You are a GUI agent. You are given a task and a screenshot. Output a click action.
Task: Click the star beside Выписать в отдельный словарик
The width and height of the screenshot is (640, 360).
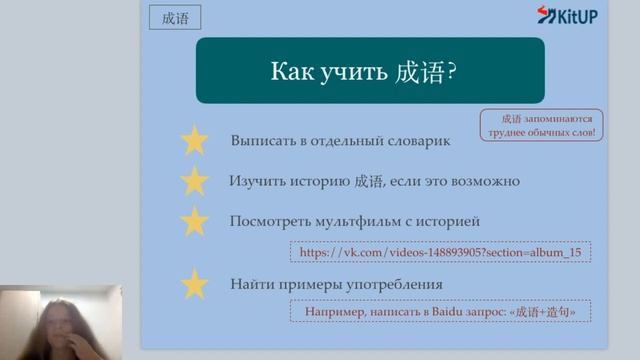click(194, 141)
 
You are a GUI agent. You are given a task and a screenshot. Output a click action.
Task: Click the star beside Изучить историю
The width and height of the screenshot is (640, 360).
click(194, 181)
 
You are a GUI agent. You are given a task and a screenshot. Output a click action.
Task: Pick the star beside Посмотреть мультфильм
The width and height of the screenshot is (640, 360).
click(194, 221)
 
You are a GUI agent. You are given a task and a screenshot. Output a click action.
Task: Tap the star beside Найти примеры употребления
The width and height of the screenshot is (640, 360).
click(194, 285)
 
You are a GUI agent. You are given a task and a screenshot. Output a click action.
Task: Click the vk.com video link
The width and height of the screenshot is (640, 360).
click(440, 252)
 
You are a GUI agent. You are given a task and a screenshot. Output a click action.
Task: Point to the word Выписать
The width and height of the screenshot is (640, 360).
click(260, 141)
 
